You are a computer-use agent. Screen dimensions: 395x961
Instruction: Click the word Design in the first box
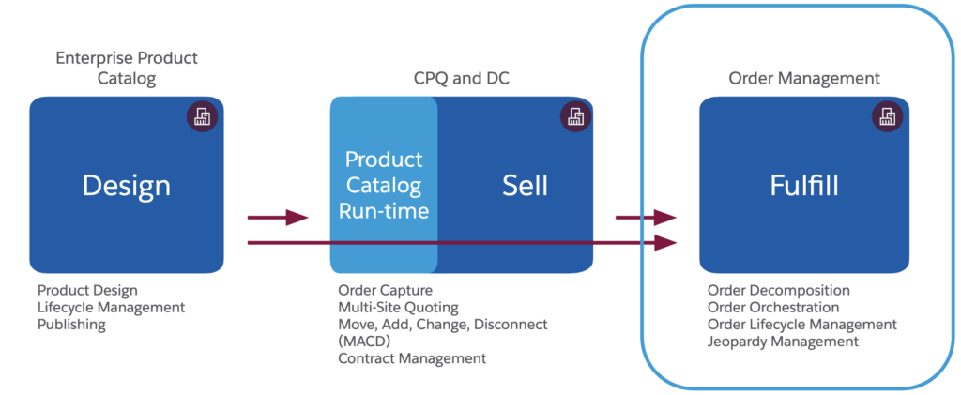(127, 185)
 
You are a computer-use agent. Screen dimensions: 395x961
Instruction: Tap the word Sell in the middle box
(525, 185)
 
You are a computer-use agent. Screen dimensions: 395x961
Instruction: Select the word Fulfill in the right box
(804, 185)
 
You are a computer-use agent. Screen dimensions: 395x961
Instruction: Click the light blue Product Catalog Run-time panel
(383, 185)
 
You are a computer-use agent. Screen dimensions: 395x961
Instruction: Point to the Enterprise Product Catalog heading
(128, 68)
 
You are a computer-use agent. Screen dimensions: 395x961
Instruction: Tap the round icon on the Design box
(202, 116)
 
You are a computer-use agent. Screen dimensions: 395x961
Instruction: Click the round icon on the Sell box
(575, 116)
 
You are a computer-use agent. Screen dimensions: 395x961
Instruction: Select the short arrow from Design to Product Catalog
(278, 218)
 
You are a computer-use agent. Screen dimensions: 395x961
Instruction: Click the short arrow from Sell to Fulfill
(646, 218)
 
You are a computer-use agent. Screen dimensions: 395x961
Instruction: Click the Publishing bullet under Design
(72, 325)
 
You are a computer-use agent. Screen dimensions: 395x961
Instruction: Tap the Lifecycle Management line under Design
(112, 308)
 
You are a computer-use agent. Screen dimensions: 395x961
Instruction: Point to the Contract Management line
(412, 358)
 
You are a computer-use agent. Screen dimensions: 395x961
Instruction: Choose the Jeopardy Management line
(783, 342)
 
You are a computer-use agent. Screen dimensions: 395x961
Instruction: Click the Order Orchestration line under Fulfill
(773, 308)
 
